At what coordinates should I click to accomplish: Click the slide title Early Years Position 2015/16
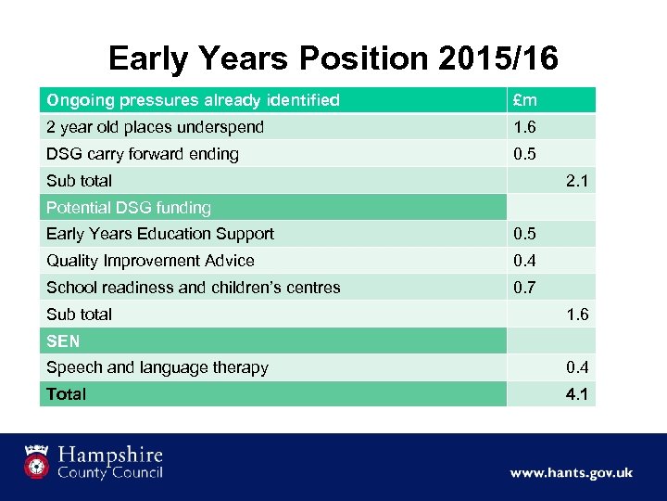coord(333,58)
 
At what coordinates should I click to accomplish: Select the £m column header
coord(525,100)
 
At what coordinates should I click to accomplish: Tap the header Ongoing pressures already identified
coord(193,100)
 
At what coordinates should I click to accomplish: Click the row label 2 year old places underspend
coord(155,127)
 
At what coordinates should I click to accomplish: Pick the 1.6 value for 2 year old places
coord(525,127)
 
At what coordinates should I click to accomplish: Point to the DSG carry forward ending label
coord(142,154)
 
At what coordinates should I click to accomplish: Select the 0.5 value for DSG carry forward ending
coord(525,154)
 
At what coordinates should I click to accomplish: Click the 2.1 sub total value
coord(577,181)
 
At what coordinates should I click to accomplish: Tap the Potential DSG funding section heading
coord(129,208)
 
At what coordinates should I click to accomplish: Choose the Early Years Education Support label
coord(160,234)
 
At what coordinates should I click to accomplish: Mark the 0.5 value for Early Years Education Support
coord(525,234)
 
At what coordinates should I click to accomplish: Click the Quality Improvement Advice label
coord(150,261)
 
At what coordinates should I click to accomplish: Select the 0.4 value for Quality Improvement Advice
coord(525,261)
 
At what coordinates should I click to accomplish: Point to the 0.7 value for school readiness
coord(525,288)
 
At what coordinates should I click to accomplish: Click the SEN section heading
coord(63,341)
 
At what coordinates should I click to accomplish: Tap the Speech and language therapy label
coord(157,367)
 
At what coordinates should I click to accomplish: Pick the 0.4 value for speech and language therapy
coord(577,367)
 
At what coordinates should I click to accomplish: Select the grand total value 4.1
coord(577,394)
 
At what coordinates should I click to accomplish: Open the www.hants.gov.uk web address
coord(571,472)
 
